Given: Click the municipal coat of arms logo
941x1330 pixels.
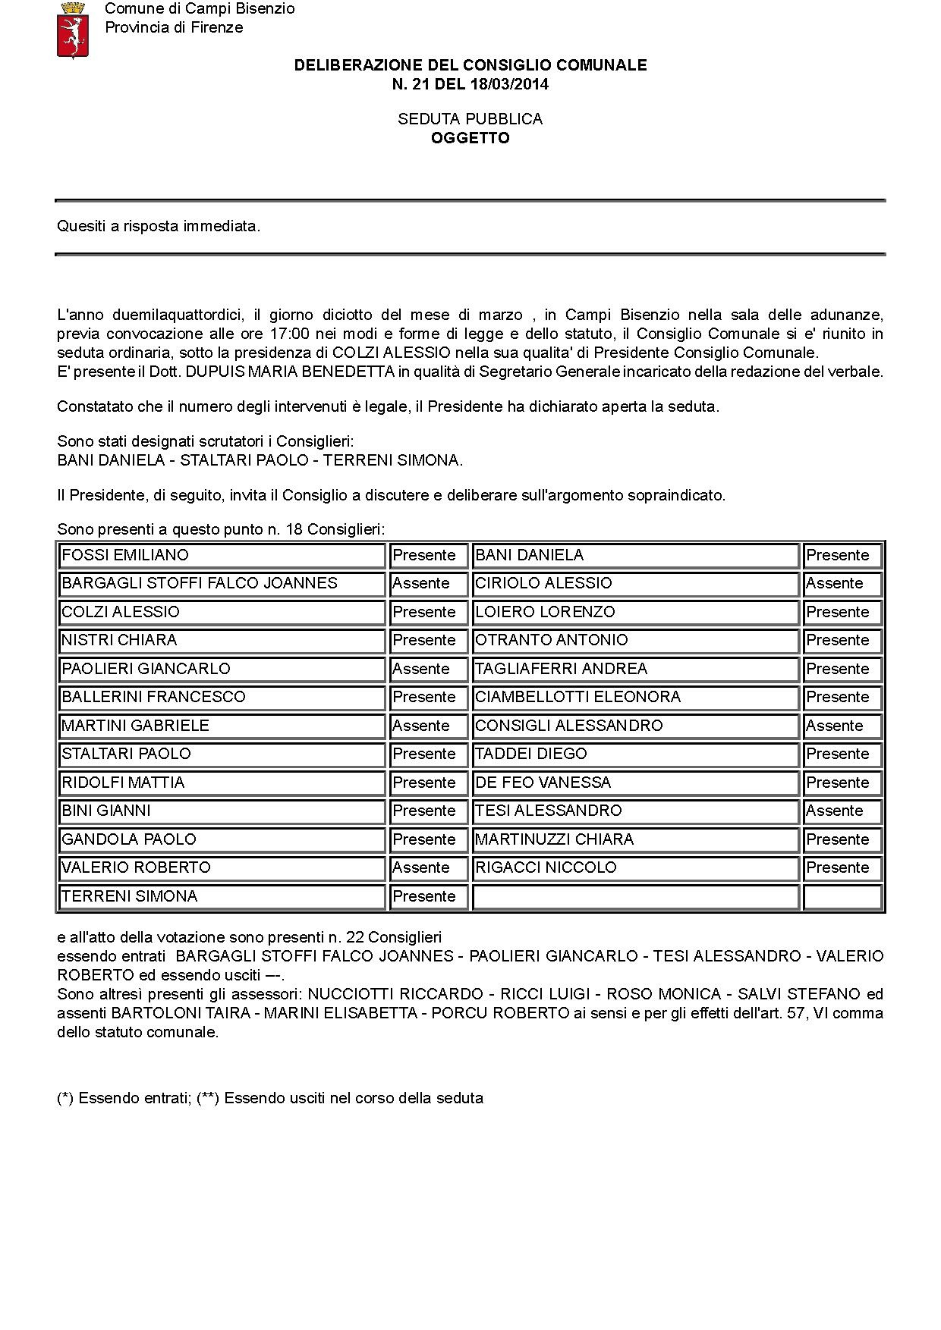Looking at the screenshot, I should (x=73, y=30).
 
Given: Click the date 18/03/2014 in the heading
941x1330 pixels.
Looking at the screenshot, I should (x=507, y=84).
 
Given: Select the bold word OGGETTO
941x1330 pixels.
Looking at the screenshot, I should (x=470, y=138).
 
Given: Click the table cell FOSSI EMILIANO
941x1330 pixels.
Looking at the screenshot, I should (x=222, y=555).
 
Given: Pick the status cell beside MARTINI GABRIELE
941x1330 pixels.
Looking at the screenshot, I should (x=429, y=726).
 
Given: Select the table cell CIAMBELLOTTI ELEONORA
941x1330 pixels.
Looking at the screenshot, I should (x=636, y=697).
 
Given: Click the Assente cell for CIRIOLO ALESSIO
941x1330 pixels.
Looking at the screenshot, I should (x=842, y=583).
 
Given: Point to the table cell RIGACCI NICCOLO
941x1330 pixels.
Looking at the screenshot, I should (x=636, y=867).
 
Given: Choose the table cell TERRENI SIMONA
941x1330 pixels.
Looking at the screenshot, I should (x=222, y=896).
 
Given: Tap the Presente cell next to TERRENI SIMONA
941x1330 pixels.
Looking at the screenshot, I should (x=429, y=896).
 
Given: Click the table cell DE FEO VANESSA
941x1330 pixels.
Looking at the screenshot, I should (x=636, y=783).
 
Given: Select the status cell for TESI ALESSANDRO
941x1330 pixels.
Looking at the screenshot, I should (x=842, y=811).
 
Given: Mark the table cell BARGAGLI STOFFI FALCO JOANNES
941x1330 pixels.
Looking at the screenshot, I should (x=222, y=583).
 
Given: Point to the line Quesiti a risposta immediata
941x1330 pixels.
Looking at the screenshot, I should (x=159, y=226).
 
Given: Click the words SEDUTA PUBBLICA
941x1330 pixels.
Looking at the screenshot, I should (x=470, y=119).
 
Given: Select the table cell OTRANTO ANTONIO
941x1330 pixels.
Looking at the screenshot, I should (x=636, y=640).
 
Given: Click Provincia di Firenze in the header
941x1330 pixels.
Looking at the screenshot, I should (x=174, y=27).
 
